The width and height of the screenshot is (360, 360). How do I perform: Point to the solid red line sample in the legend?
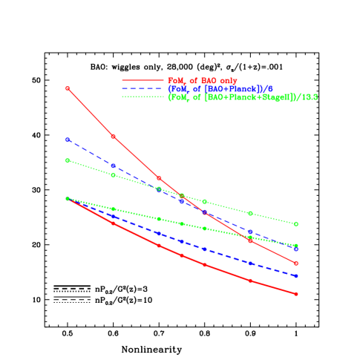tap(142, 80)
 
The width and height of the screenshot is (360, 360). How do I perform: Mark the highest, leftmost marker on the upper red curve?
tap(68, 88)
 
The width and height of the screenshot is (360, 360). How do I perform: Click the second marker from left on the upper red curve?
tap(113, 136)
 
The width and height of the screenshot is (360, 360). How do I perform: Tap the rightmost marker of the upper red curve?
tap(296, 263)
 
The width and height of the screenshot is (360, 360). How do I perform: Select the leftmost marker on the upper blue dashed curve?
tap(68, 140)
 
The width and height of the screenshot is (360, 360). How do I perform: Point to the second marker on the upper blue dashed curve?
tap(113, 166)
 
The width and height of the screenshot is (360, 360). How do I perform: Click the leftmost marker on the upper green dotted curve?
tap(68, 160)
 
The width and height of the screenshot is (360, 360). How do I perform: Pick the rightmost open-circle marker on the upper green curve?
tap(296, 223)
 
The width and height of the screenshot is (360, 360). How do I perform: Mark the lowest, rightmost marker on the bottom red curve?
tap(296, 294)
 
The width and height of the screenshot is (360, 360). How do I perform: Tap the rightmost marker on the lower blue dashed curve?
tap(296, 276)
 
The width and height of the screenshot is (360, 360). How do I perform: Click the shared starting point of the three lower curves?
tap(68, 199)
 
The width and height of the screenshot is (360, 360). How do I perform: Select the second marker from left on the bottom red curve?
tap(113, 223)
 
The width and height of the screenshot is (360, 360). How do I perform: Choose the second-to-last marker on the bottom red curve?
tap(250, 281)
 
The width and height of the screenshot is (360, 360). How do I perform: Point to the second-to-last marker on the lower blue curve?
tap(250, 263)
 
